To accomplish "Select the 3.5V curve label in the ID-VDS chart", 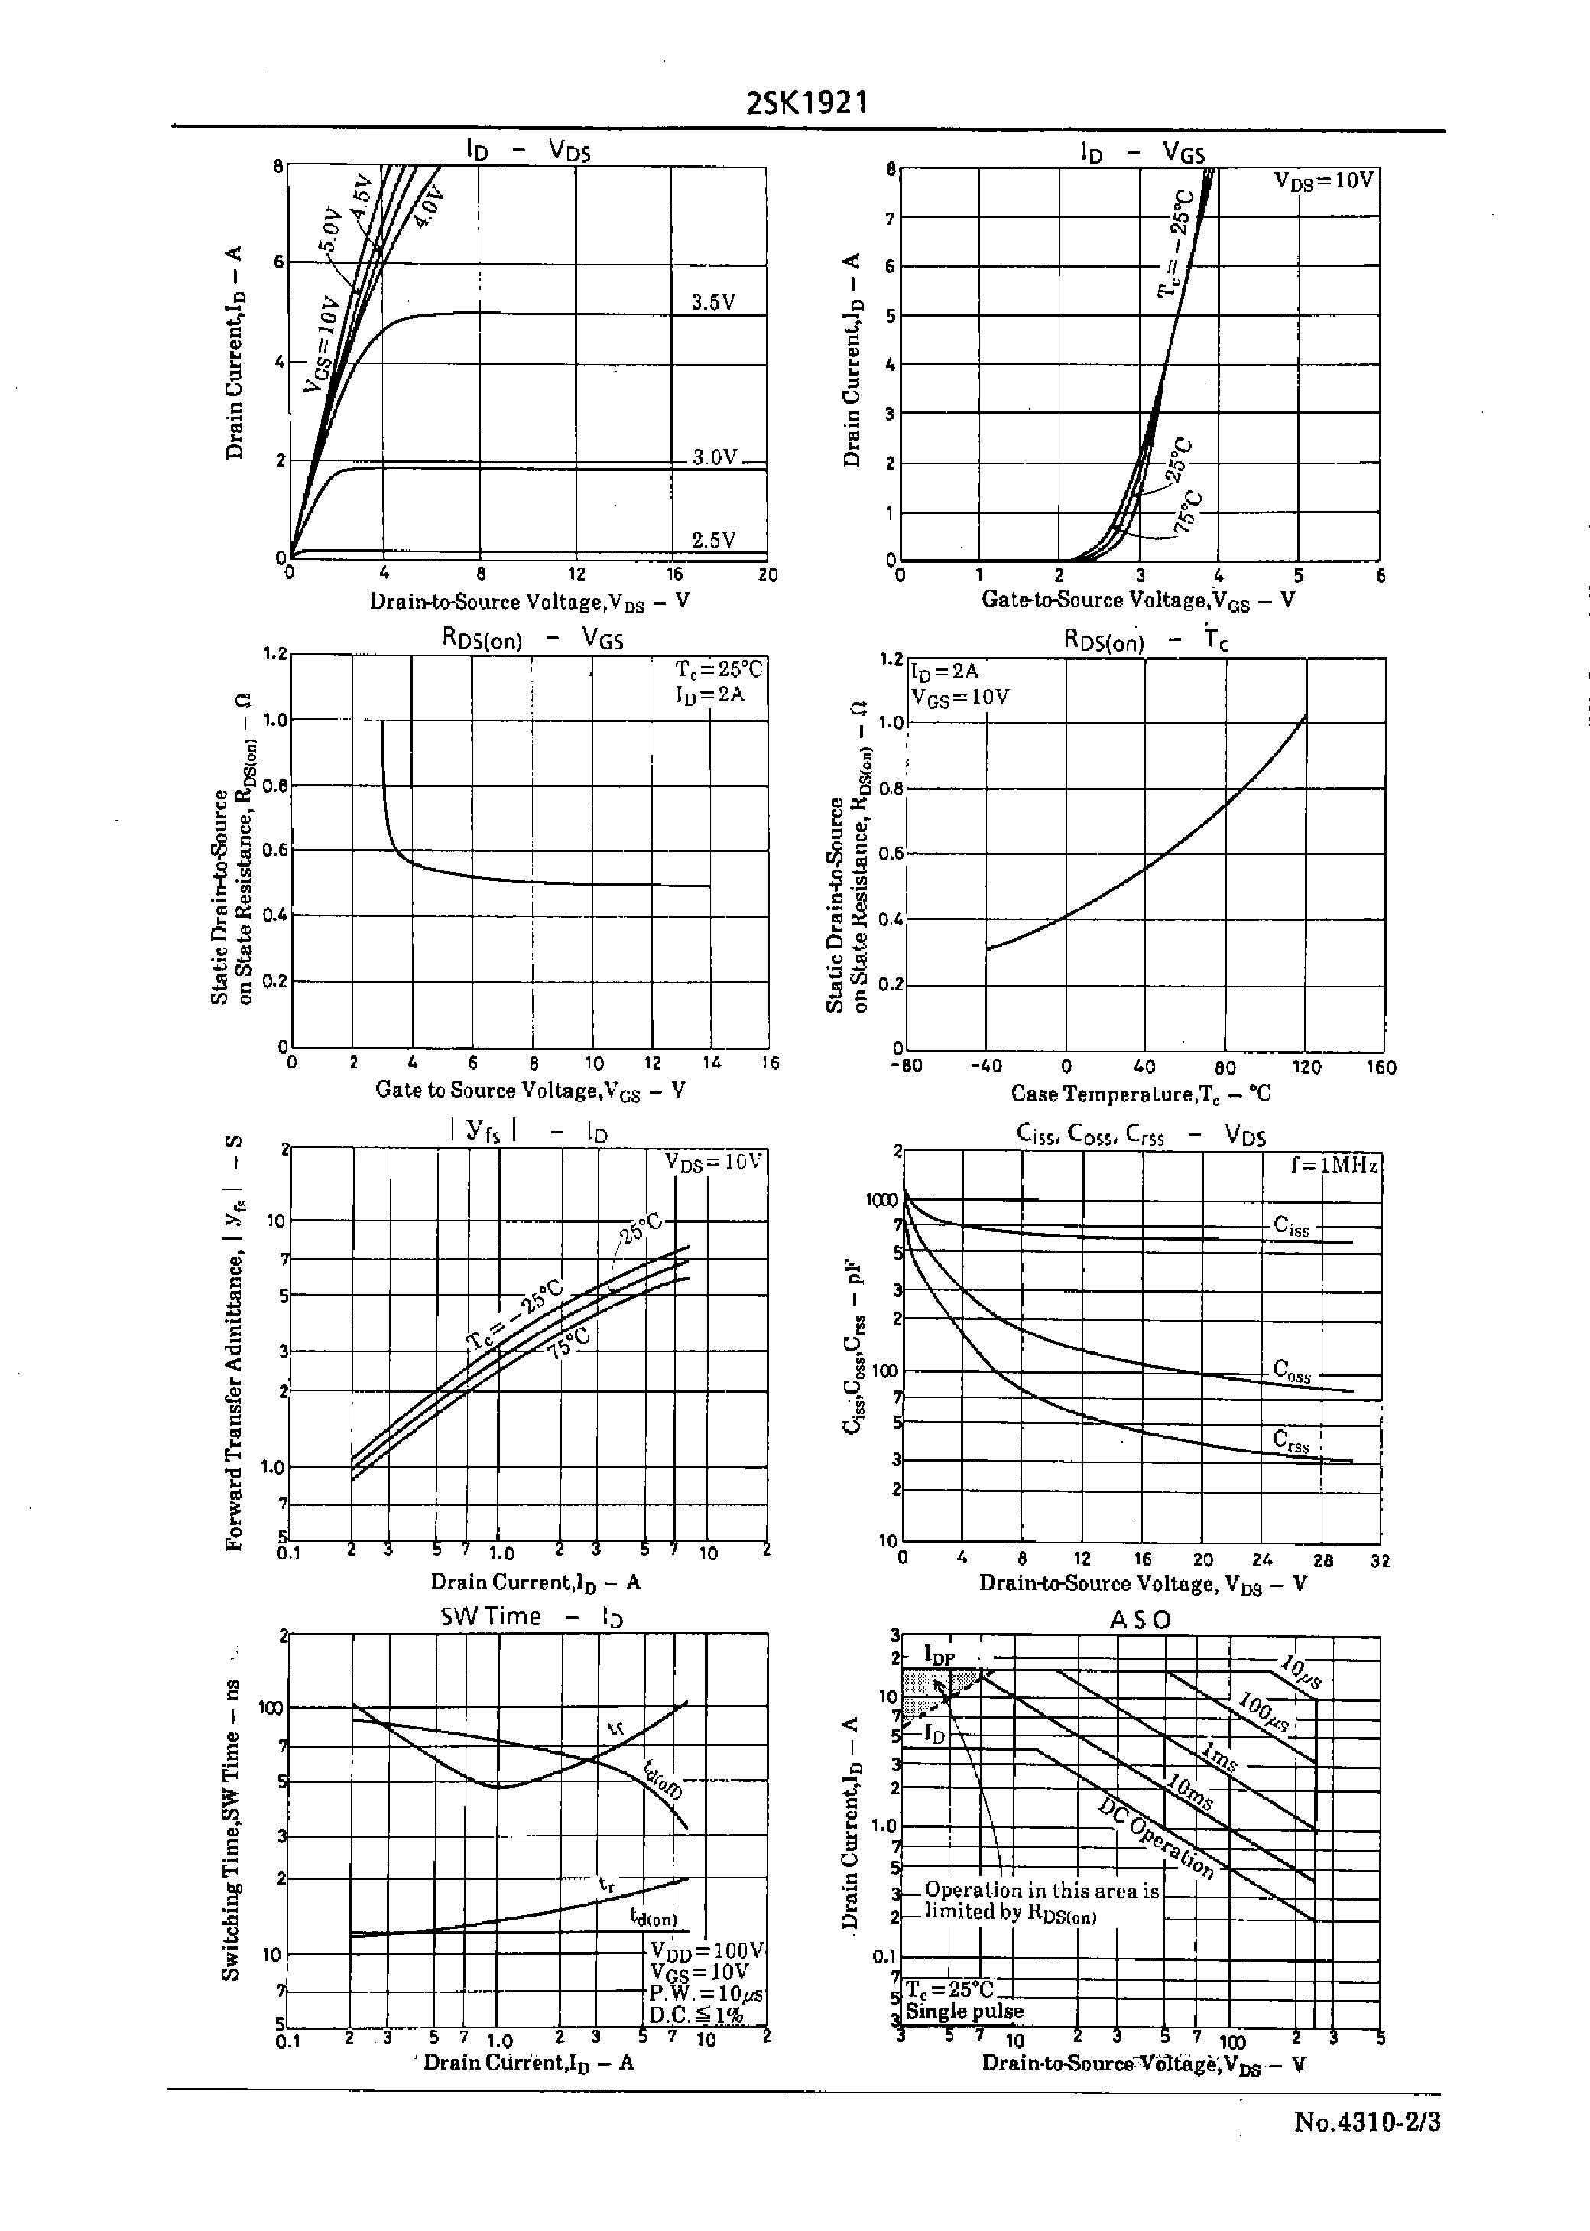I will pyautogui.click(x=712, y=301).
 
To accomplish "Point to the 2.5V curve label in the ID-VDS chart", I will pyautogui.click(x=712, y=540).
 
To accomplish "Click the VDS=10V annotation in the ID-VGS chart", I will pyautogui.click(x=1324, y=180).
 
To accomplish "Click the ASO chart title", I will pyautogui.click(x=1140, y=1620).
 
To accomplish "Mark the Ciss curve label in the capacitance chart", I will pyautogui.click(x=1291, y=1225).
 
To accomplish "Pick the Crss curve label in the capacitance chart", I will pyautogui.click(x=1290, y=1439).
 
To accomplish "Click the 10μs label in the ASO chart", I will pyautogui.click(x=1300, y=1672).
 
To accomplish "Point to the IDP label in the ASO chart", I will pyautogui.click(x=939, y=1655).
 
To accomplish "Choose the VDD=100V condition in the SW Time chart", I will pyautogui.click(x=706, y=1950).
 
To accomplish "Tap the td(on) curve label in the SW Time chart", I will pyautogui.click(x=653, y=1917).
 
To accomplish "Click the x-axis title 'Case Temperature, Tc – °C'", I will pyautogui.click(x=1141, y=1094).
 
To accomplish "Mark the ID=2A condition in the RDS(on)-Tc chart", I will pyautogui.click(x=945, y=671).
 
